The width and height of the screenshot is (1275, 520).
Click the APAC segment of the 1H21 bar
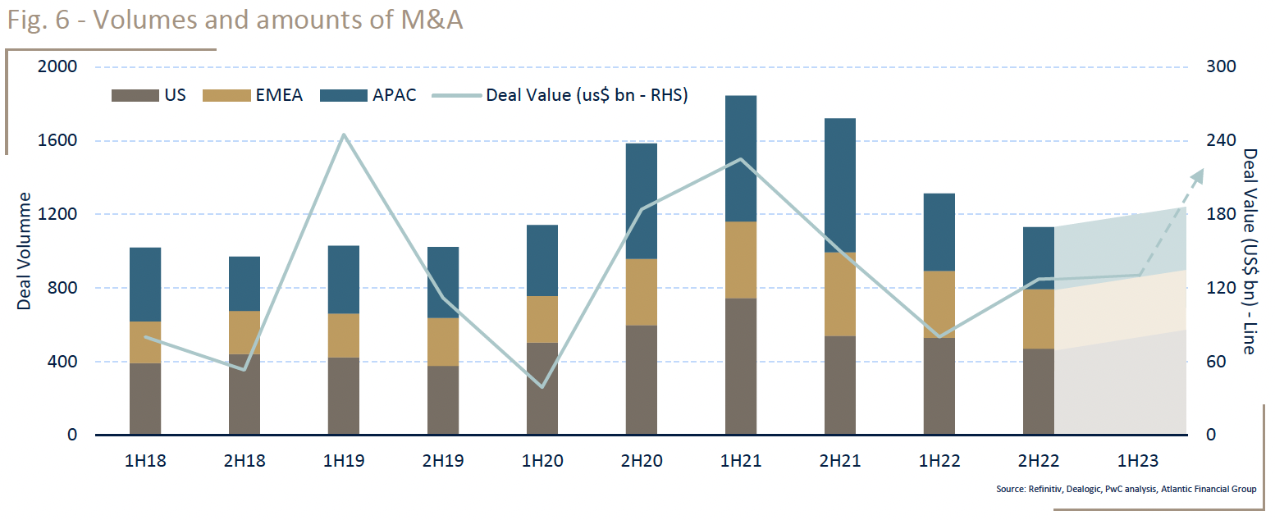[740, 158]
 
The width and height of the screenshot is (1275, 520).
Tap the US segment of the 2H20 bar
[641, 380]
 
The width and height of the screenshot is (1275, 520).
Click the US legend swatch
[134, 95]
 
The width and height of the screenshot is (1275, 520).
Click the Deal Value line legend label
[586, 95]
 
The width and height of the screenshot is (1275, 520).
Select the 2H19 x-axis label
[443, 461]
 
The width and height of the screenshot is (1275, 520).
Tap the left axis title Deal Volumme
[25, 251]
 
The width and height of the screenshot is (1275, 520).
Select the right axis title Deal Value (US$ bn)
[1249, 251]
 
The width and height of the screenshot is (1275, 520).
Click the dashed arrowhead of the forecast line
[1200, 173]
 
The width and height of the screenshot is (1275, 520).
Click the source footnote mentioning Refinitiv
[1126, 490]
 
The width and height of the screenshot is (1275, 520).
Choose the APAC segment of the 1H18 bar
[145, 284]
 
